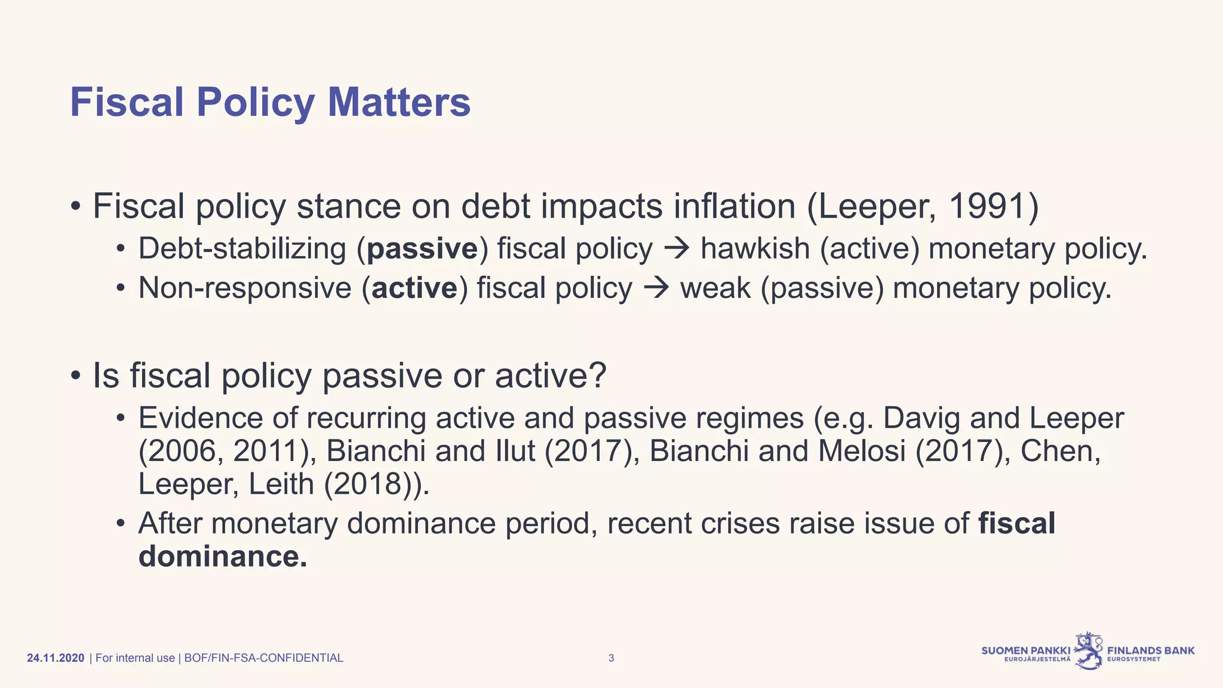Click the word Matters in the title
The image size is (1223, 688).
399,102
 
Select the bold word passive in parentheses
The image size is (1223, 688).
422,249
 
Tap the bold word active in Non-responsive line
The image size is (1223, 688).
414,288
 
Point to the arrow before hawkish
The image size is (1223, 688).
677,249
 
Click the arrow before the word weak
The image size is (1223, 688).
656,288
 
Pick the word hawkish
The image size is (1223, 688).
755,249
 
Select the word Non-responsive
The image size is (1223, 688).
245,288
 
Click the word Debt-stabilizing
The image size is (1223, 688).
242,249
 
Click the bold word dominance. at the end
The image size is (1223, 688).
223,557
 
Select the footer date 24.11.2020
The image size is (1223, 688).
56,658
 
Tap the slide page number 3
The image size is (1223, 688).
611,658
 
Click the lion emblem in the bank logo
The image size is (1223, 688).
1089,650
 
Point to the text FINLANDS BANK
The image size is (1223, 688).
1151,650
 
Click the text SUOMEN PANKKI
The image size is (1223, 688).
1026,650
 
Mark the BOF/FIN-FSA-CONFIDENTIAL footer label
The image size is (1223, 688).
263,658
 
